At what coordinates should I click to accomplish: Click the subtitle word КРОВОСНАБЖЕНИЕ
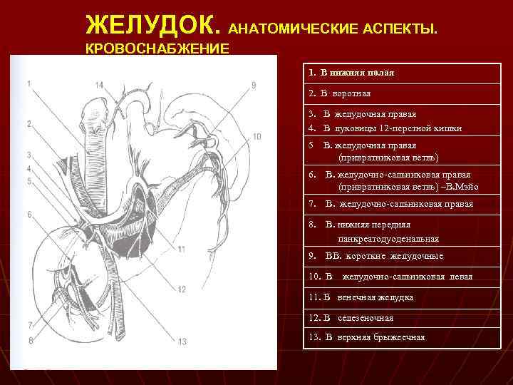(157, 48)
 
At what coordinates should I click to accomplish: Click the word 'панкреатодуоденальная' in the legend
(388, 239)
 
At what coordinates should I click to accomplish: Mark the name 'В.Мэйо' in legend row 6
(460, 188)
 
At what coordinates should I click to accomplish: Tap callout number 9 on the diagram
(254, 86)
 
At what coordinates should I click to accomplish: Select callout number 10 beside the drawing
(256, 136)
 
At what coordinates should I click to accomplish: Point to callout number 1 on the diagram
(28, 83)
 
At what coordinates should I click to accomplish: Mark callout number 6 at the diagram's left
(29, 214)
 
